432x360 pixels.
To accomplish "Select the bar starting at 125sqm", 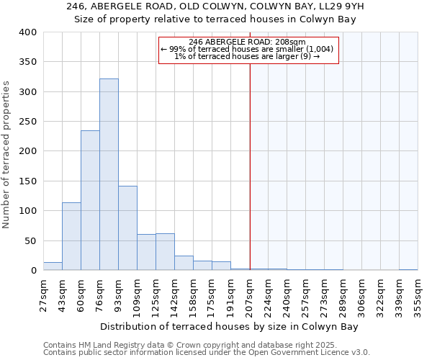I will (165, 252).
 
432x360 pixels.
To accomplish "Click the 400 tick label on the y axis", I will (27, 32).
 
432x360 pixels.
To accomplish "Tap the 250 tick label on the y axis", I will (27, 122).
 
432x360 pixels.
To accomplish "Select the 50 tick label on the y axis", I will (30, 240).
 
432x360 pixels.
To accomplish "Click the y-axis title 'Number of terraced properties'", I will (7, 155).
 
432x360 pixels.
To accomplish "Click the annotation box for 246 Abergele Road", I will (248, 49).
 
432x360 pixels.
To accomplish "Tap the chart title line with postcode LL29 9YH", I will (215, 6).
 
